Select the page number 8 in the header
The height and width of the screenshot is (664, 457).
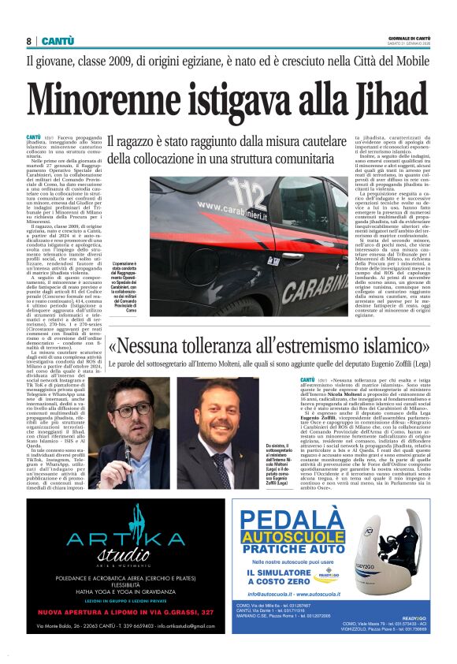(x=29, y=41)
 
